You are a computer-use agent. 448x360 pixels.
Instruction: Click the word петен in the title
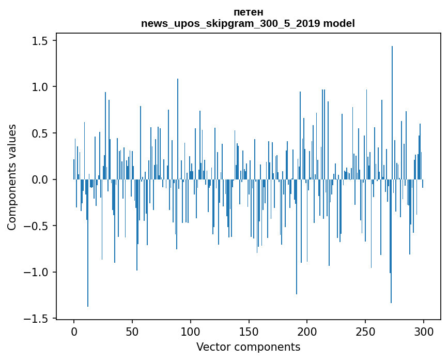pos(248,12)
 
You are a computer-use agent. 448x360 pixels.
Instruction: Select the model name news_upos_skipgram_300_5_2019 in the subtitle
pos(230,23)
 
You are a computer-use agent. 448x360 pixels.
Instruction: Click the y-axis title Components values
pos(12,177)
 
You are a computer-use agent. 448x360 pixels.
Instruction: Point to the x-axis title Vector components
pos(248,347)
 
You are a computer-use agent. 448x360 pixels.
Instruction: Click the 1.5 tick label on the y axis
pos(40,41)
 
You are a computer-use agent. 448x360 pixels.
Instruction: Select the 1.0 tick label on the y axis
pos(40,87)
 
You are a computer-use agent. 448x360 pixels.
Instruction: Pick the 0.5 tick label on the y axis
pos(40,133)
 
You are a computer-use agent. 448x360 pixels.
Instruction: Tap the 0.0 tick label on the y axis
pos(40,179)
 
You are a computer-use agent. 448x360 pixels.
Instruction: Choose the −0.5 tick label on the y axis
pos(36,226)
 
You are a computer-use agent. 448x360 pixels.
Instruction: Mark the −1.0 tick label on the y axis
pos(36,272)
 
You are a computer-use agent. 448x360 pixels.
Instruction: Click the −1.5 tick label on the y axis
pos(36,319)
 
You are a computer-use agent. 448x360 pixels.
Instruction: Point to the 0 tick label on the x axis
pos(74,332)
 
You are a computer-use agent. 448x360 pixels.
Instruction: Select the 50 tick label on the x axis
pos(132,332)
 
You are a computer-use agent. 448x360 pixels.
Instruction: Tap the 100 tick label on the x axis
pos(191,332)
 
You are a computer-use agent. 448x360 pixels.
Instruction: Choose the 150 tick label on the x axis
pos(249,332)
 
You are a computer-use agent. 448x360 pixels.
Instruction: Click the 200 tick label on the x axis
pos(307,332)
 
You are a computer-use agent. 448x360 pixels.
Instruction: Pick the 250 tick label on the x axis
pos(365,332)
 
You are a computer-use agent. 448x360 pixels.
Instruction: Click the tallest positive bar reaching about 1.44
pos(392,113)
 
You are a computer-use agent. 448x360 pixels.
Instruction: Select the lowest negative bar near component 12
pos(88,243)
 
